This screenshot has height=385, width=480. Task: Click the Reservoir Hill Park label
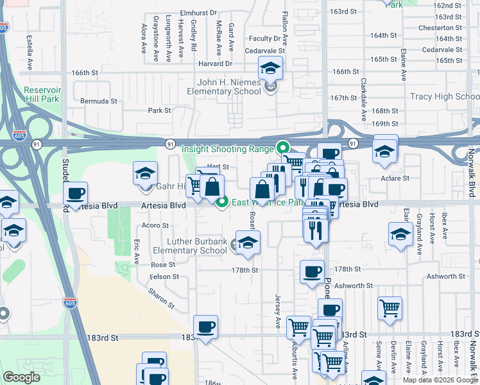[42, 95]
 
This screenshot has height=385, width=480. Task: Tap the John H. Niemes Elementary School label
[228, 87]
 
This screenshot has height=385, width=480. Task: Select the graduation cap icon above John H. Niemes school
[270, 67]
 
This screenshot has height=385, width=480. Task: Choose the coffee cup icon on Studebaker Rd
[76, 193]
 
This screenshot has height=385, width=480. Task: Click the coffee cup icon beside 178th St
[312, 271]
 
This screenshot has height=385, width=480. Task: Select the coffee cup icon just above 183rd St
[205, 327]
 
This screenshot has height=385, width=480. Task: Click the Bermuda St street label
[99, 101]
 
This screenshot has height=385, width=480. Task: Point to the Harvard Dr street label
[215, 64]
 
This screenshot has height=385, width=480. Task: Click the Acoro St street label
[155, 226]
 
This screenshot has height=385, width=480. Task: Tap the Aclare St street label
[395, 178]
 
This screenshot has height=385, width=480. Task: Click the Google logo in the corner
[22, 377]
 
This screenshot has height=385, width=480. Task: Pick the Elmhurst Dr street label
[199, 12]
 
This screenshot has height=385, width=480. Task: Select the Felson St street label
[165, 277]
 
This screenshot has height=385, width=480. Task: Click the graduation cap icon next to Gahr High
[146, 173]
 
